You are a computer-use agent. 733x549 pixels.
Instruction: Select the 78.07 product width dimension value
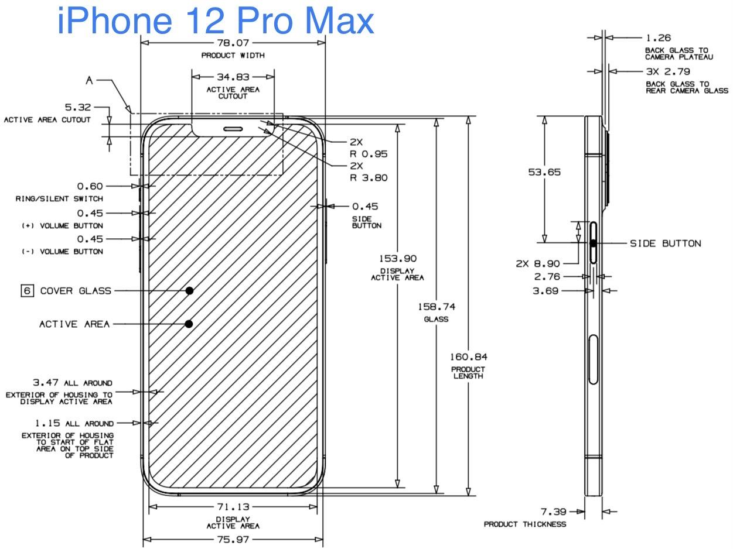click(233, 43)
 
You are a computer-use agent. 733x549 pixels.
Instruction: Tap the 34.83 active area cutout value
click(233, 77)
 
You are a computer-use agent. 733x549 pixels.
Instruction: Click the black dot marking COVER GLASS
click(190, 290)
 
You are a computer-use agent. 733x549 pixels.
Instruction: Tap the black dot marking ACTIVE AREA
click(189, 324)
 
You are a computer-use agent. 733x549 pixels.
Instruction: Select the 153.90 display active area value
click(397, 259)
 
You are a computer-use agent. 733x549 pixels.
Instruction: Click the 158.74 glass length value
click(436, 307)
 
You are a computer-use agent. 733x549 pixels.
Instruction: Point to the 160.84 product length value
click(468, 356)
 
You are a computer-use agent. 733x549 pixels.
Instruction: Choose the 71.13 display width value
click(233, 507)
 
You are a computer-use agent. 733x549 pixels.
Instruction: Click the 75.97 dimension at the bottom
click(233, 540)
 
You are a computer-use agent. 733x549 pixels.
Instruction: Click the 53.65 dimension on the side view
click(544, 172)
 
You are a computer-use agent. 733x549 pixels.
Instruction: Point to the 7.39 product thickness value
click(554, 512)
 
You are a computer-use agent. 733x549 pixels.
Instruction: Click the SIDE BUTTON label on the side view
click(665, 243)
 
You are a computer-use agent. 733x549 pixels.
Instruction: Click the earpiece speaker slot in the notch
click(233, 129)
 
